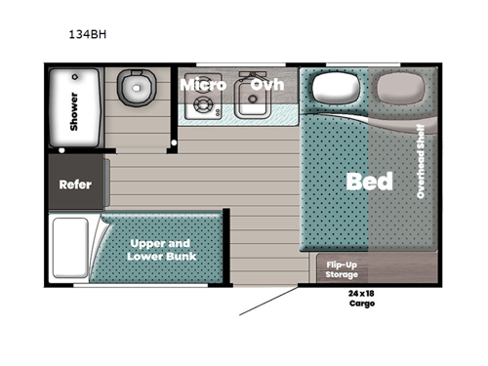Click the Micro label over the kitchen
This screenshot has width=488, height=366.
tap(203, 85)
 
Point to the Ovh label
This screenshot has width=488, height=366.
tap(266, 85)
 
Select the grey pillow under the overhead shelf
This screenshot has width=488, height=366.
tap(399, 90)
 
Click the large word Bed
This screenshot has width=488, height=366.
tap(370, 182)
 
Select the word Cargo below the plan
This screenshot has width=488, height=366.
tap(362, 304)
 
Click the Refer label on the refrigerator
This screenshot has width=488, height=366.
tap(75, 184)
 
